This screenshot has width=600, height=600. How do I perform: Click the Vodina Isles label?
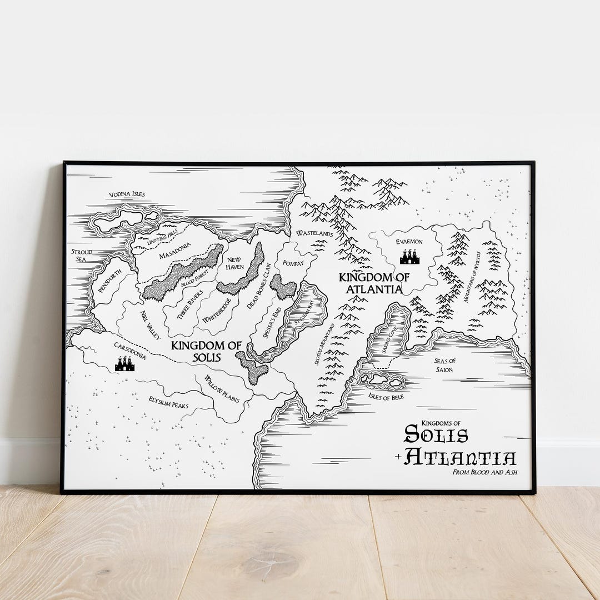[126, 194]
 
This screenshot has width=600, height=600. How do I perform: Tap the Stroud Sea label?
[81, 256]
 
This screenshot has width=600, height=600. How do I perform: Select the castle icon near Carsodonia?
[124, 364]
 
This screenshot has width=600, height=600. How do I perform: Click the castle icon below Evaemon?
[409, 257]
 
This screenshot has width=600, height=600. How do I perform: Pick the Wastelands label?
[314, 234]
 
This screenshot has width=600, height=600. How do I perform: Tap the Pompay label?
[293, 263]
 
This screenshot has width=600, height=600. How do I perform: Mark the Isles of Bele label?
[386, 397]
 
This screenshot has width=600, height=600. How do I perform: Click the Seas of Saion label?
[444, 365]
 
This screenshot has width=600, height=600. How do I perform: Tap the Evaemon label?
[409, 242]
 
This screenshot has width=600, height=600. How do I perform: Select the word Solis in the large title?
[436, 434]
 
